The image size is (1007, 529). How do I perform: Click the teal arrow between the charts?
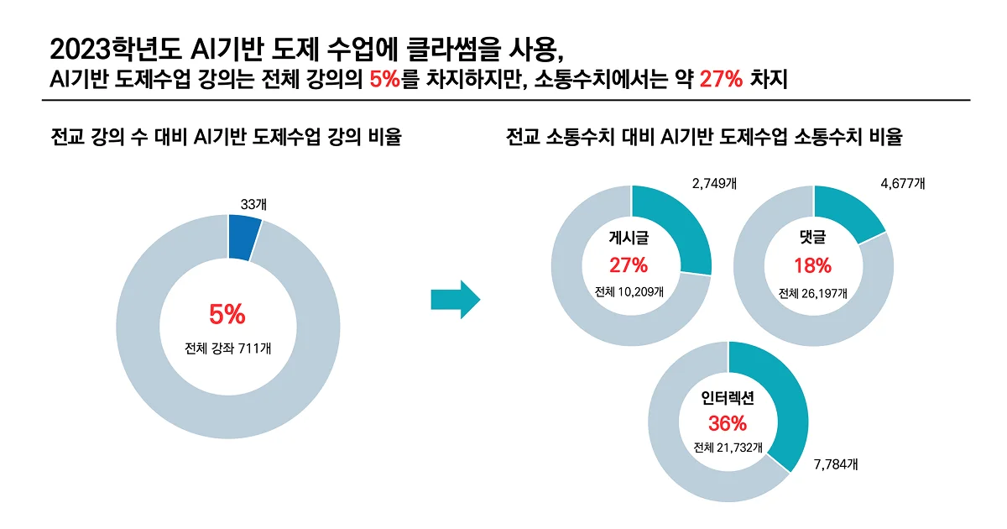pyautogui.click(x=454, y=301)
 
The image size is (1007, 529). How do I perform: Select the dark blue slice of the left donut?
pyautogui.click(x=243, y=234)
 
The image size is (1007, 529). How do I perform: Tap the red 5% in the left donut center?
pyautogui.click(x=227, y=315)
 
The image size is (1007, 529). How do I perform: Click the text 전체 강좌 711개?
pyautogui.click(x=227, y=347)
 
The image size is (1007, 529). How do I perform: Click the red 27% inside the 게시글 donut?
pyautogui.click(x=629, y=265)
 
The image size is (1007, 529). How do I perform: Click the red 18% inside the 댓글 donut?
pyautogui.click(x=812, y=265)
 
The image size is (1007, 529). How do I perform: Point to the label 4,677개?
pyautogui.click(x=902, y=182)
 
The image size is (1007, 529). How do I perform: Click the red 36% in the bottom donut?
pyautogui.click(x=728, y=422)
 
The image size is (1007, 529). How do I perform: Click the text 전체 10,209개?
pyautogui.click(x=629, y=292)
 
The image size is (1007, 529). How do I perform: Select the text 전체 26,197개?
pyautogui.click(x=812, y=293)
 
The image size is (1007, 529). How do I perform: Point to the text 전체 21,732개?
pyautogui.click(x=728, y=448)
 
